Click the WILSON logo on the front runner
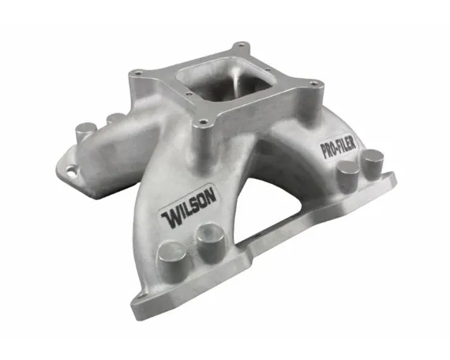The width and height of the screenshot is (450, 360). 188,207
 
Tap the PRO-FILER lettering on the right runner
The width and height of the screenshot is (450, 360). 339,146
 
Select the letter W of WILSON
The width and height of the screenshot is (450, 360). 170,219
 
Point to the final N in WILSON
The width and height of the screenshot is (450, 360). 210,196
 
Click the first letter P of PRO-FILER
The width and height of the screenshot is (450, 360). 324,151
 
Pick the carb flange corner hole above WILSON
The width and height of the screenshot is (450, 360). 202,122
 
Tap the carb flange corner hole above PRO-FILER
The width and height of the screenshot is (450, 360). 314,83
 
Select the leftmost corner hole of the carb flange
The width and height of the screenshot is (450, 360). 137,73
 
